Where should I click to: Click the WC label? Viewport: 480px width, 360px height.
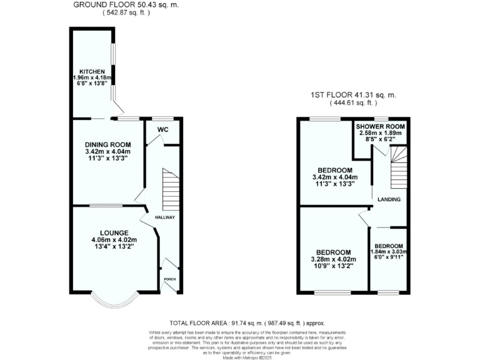[x=162, y=129]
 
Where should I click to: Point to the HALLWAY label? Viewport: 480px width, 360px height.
[x=165, y=217]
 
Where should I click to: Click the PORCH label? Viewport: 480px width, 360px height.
[x=169, y=279]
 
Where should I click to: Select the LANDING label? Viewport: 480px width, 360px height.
[x=389, y=199]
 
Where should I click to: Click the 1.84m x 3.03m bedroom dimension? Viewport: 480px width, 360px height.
[x=388, y=252]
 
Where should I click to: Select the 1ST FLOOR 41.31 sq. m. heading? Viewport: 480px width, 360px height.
[x=353, y=95]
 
